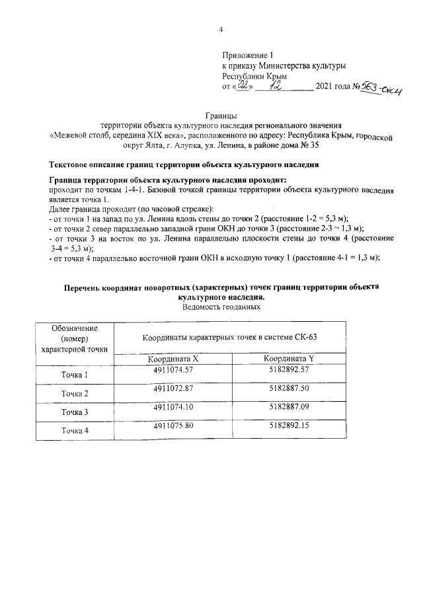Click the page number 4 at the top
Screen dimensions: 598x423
[221, 30]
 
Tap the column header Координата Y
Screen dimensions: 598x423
[289, 359]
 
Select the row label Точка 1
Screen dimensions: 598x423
[75, 375]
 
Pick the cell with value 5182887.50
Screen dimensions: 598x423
[289, 389]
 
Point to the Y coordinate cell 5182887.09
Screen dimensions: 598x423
[289, 408]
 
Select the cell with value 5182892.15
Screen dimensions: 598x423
[289, 426]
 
